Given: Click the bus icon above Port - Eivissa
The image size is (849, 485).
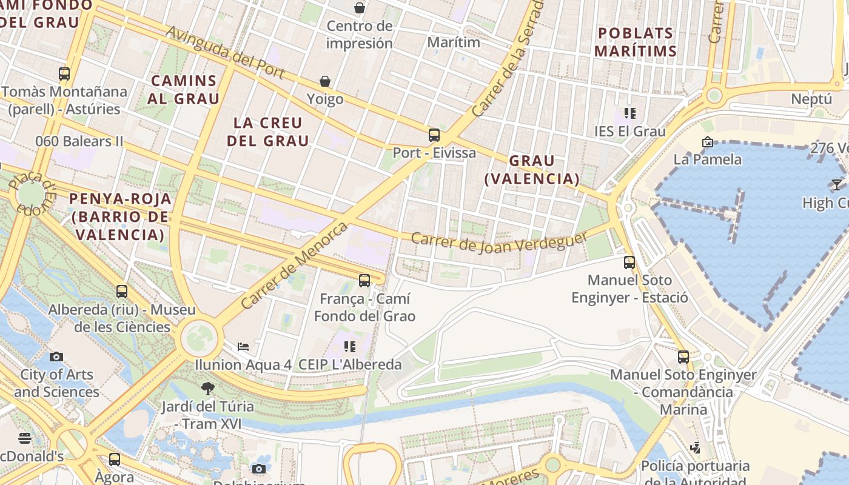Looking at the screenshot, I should (x=434, y=135).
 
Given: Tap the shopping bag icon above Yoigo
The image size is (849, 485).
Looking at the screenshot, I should (x=325, y=81).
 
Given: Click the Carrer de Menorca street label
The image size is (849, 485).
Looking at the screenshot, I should (x=295, y=265).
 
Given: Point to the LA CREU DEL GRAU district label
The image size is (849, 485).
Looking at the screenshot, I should (x=268, y=132).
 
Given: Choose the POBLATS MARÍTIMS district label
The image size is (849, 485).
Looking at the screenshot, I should (x=636, y=42).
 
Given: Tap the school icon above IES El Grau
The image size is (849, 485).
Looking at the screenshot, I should (x=630, y=113).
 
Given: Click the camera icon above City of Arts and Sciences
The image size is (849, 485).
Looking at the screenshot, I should (x=56, y=356).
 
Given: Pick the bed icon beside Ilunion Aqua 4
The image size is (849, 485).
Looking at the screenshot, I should (x=243, y=347).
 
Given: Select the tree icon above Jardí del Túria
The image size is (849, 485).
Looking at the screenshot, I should (x=208, y=388).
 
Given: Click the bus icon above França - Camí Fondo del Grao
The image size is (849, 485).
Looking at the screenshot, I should (x=364, y=281).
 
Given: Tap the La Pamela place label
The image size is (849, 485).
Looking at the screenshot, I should (x=708, y=159).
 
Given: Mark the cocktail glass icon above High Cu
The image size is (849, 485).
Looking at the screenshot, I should (x=837, y=184).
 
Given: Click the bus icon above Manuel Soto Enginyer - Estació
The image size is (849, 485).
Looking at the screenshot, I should (x=629, y=263).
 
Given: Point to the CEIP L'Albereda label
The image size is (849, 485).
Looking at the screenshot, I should (x=350, y=364).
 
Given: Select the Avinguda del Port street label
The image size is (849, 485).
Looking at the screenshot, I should (x=225, y=52).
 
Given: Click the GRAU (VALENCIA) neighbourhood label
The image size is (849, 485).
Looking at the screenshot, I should (x=532, y=170).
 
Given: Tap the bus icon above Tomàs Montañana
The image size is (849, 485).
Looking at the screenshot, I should (x=64, y=74).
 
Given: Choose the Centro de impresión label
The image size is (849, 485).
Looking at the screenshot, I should (x=360, y=35).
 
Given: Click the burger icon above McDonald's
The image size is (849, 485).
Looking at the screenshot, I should (x=25, y=438).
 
